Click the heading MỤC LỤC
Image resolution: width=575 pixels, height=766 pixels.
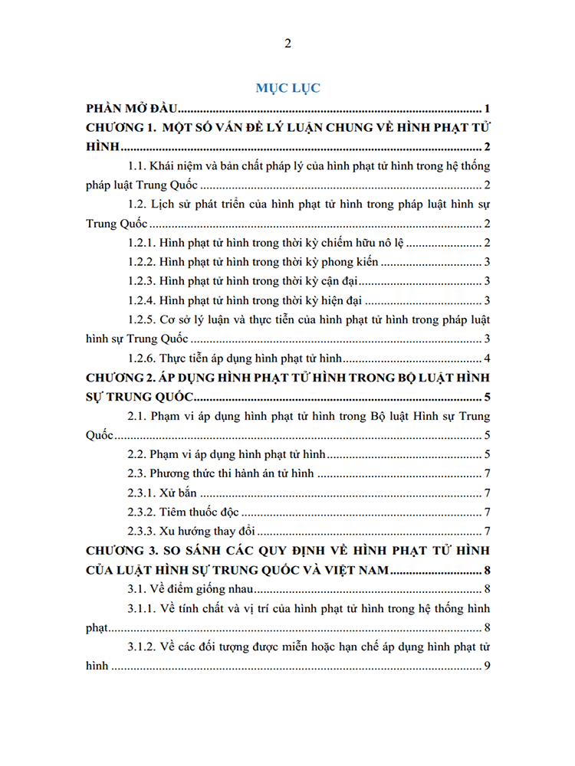[x=287, y=88]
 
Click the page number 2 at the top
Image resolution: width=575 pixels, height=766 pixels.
[x=287, y=44]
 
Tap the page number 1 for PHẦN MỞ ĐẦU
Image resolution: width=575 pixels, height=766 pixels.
[x=487, y=108]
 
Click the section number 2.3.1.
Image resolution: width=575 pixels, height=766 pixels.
[x=144, y=493]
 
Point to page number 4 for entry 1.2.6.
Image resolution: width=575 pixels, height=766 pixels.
[x=487, y=359]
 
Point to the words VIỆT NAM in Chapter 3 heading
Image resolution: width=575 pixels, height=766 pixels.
[x=360, y=570]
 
